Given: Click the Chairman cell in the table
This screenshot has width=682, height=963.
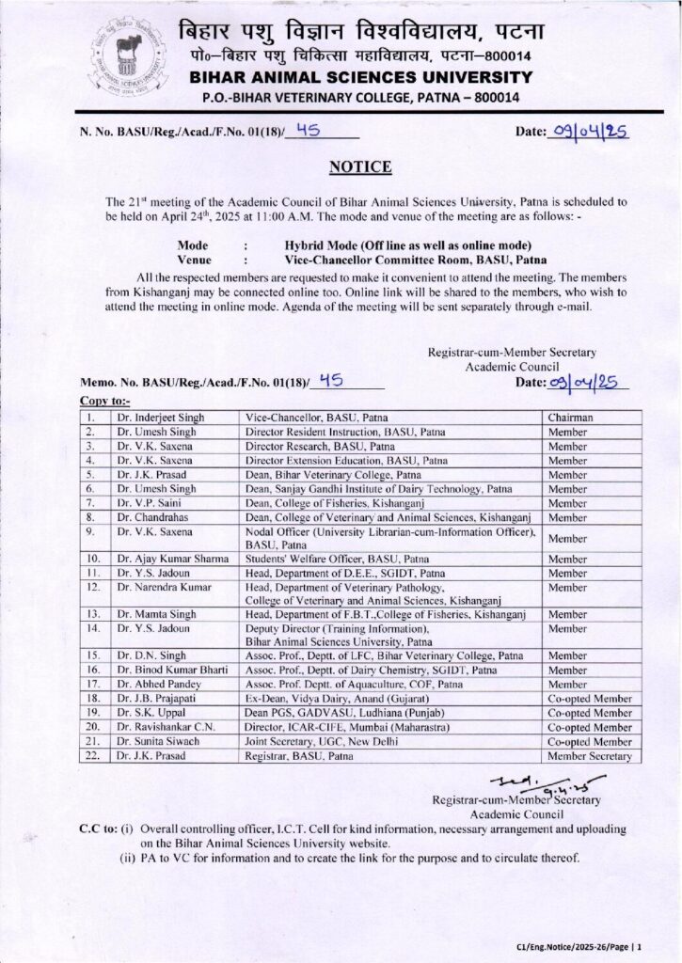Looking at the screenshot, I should pyautogui.click(x=573, y=417).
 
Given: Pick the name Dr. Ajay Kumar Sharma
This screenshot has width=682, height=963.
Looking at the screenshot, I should pyautogui.click(x=172, y=560).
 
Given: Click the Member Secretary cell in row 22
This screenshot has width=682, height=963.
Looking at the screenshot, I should pyautogui.click(x=590, y=755).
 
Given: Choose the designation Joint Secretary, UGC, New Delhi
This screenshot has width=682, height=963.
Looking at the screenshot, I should pyautogui.click(x=331, y=741).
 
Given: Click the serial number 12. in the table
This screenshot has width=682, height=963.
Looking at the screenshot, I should pyautogui.click(x=93, y=587).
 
